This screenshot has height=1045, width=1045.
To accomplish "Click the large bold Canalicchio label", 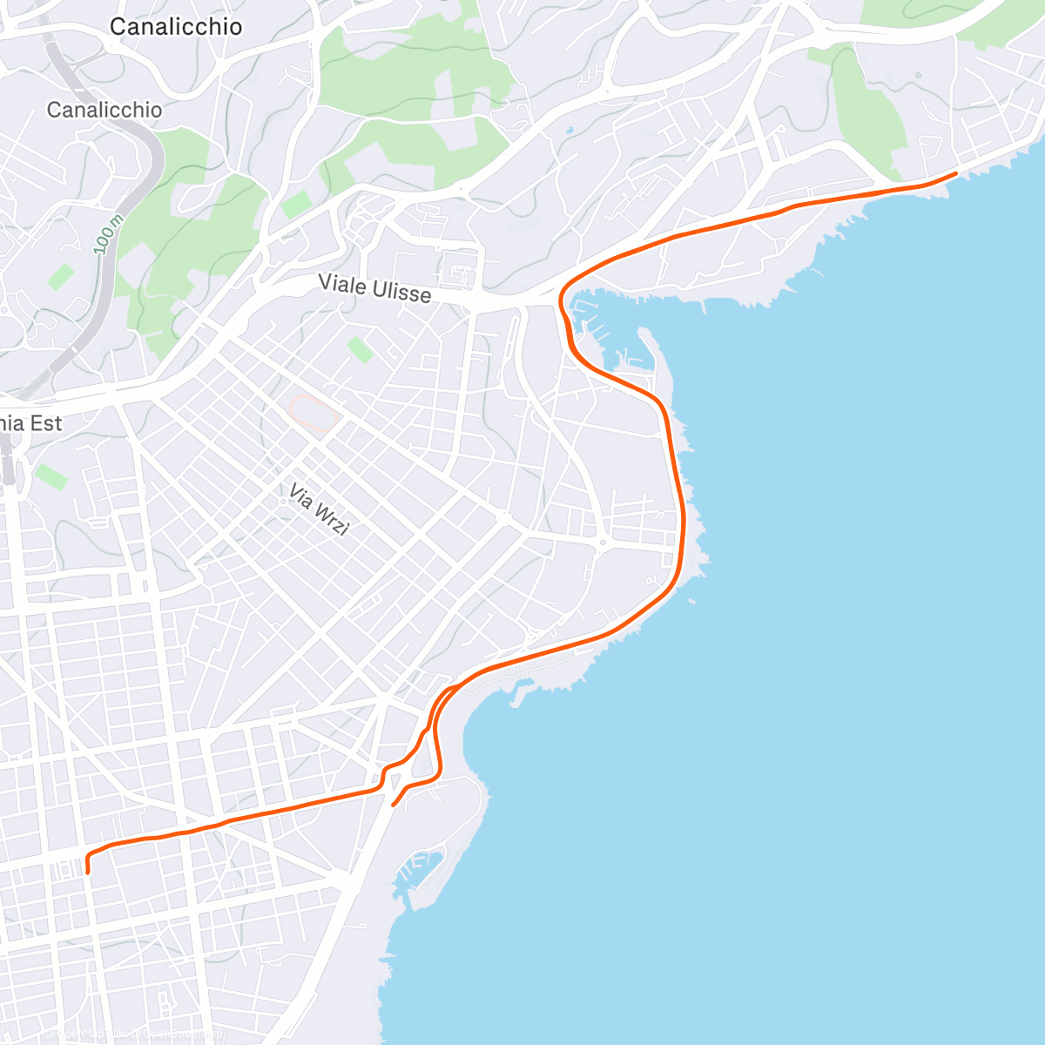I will point(175,27).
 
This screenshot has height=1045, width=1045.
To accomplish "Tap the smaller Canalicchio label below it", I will point(104,110).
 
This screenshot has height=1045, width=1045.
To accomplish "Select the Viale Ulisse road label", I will point(374,288).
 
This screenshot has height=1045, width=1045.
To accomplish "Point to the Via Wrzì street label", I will point(318,509).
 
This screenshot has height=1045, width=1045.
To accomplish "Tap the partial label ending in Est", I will point(31,423).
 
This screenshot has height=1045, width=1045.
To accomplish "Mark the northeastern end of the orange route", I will point(956,174).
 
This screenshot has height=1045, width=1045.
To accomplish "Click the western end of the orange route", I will point(88,871).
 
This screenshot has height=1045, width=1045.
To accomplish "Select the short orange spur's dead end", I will point(394,805).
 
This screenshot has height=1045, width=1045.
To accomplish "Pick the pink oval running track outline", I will point(313,412).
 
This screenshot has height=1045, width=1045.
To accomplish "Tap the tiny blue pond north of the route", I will point(570,131).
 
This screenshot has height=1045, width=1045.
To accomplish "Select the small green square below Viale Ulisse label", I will point(360,350).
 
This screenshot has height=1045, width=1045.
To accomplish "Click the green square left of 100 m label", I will point(60,278).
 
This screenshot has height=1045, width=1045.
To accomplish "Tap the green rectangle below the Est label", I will point(51,476).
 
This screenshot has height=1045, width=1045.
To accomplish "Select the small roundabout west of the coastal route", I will point(601,543).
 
